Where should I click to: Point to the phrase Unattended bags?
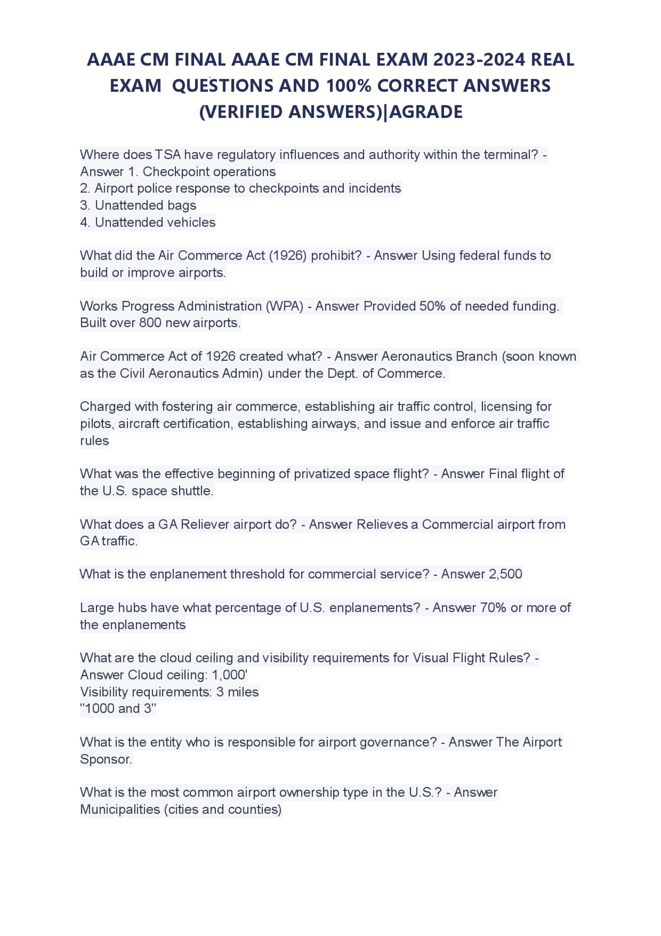(x=146, y=205)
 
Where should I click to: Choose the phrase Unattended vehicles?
(x=155, y=222)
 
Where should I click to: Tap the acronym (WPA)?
(x=285, y=306)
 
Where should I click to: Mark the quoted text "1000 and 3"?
(x=118, y=709)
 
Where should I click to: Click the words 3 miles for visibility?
(x=238, y=692)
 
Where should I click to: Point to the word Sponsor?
(x=105, y=759)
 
